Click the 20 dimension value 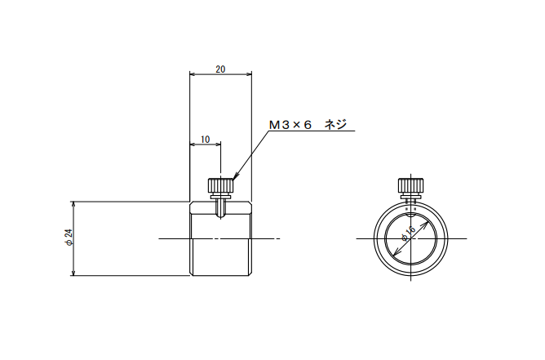coord(220,69)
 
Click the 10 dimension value coord(206,140)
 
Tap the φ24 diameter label coord(69,238)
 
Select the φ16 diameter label coord(409,233)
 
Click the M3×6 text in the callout coord(290,125)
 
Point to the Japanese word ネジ coord(335,125)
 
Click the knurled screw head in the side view coord(220,185)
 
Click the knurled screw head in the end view coord(411,185)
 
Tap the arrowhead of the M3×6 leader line coord(235,176)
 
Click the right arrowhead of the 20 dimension coord(249,73)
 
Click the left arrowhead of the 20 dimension coord(193,73)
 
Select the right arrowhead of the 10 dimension coord(218,144)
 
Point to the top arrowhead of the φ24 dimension coord(73,204)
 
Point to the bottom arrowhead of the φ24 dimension coord(73,273)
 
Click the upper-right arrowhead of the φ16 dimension coord(425,224)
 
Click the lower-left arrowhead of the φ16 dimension coord(394,255)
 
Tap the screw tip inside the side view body coord(220,215)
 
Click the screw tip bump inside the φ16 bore coord(411,215)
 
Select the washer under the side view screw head coord(220,198)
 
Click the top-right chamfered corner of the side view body coord(250,203)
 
